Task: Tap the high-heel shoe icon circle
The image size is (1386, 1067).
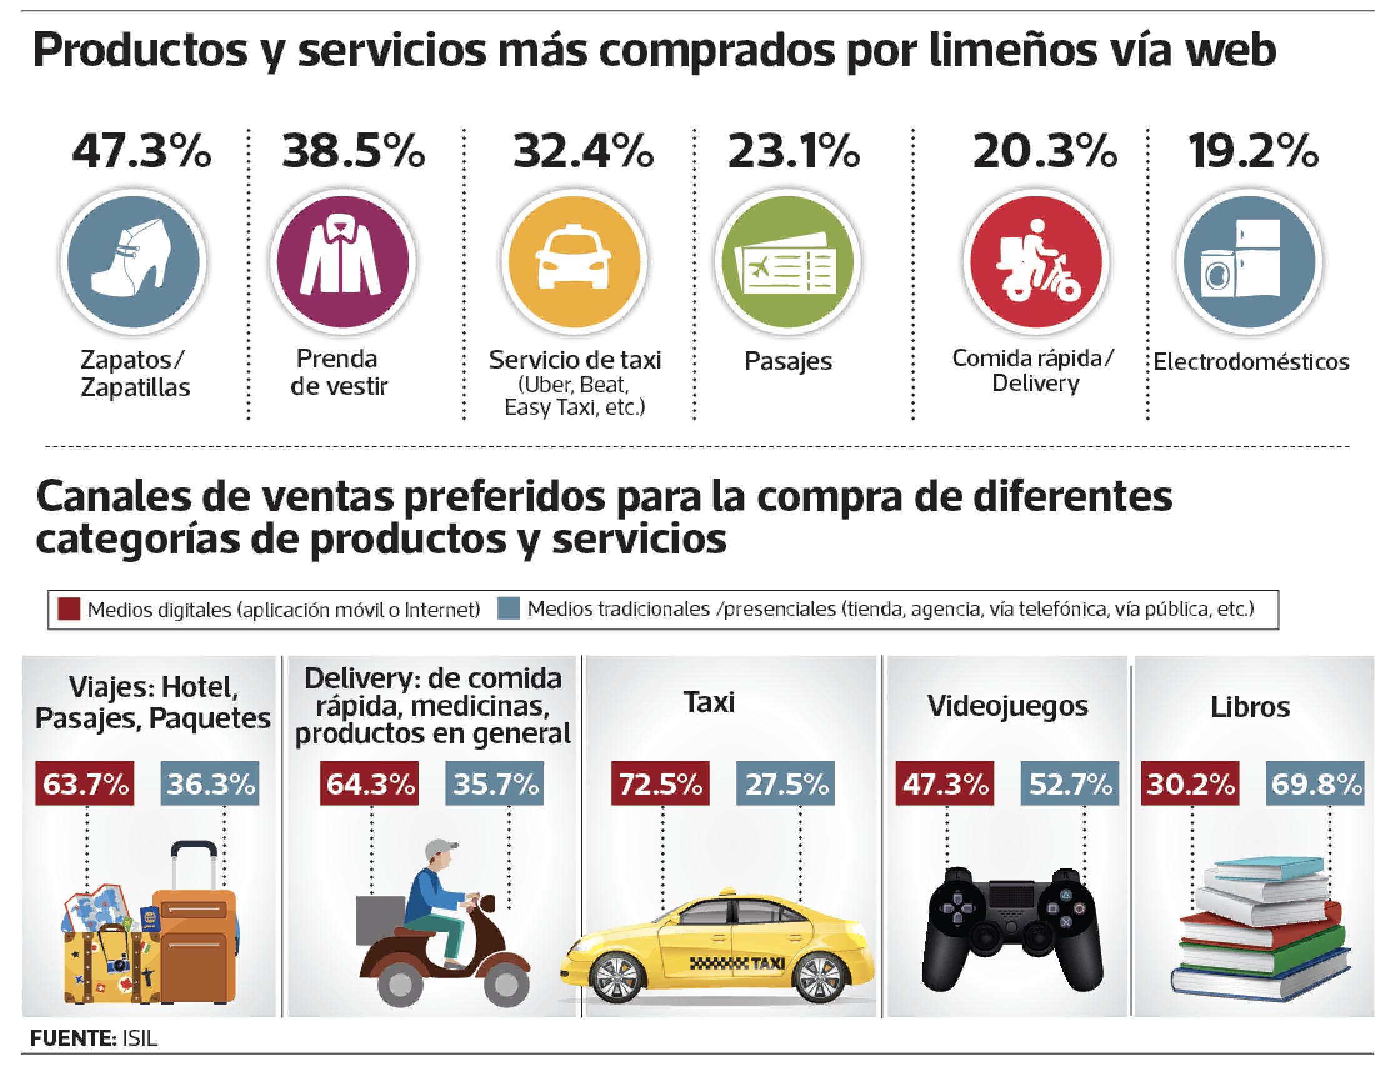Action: [x=134, y=261]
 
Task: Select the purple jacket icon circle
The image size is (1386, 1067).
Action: [x=342, y=261]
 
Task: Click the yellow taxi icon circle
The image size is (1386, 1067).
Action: [x=574, y=261]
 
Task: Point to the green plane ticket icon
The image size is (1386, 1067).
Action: [x=787, y=261]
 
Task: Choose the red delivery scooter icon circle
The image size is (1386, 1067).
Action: [x=1035, y=261]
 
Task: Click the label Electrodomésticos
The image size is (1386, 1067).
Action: [x=1251, y=362]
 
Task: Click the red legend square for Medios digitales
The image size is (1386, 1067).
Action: [x=69, y=610]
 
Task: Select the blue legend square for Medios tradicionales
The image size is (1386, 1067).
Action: [x=509, y=610]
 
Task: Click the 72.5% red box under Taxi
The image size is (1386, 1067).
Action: [x=660, y=785]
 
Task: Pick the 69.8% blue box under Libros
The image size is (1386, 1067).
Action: [x=1315, y=785]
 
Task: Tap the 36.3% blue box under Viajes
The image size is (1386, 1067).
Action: [x=211, y=785]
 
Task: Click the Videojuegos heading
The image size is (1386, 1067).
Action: [x=1007, y=706]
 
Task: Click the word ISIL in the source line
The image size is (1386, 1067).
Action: [x=137, y=1038]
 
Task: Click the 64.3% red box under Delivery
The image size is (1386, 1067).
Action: [x=369, y=785]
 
